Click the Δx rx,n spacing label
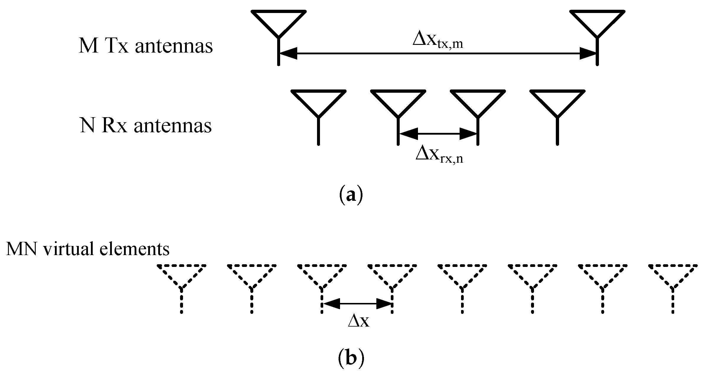[439, 155]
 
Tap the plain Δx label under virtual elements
[359, 322]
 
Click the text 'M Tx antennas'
[146, 47]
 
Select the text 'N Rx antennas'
[146, 126]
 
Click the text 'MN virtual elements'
[88, 249]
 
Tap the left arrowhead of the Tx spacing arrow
[288, 53]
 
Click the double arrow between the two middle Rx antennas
[438, 134]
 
